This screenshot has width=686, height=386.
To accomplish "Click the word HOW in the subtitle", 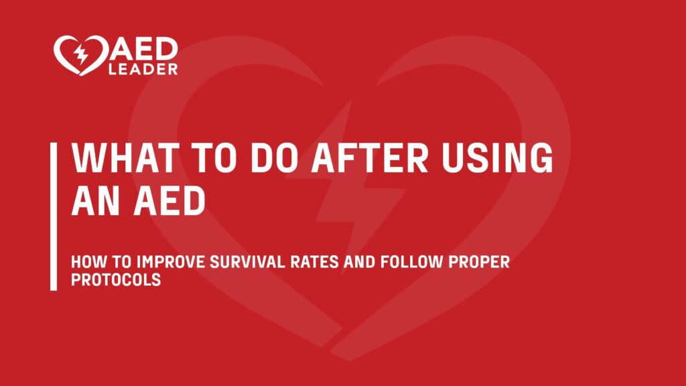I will tap(85, 262).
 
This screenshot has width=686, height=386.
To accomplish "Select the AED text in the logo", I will tap(141, 49).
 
